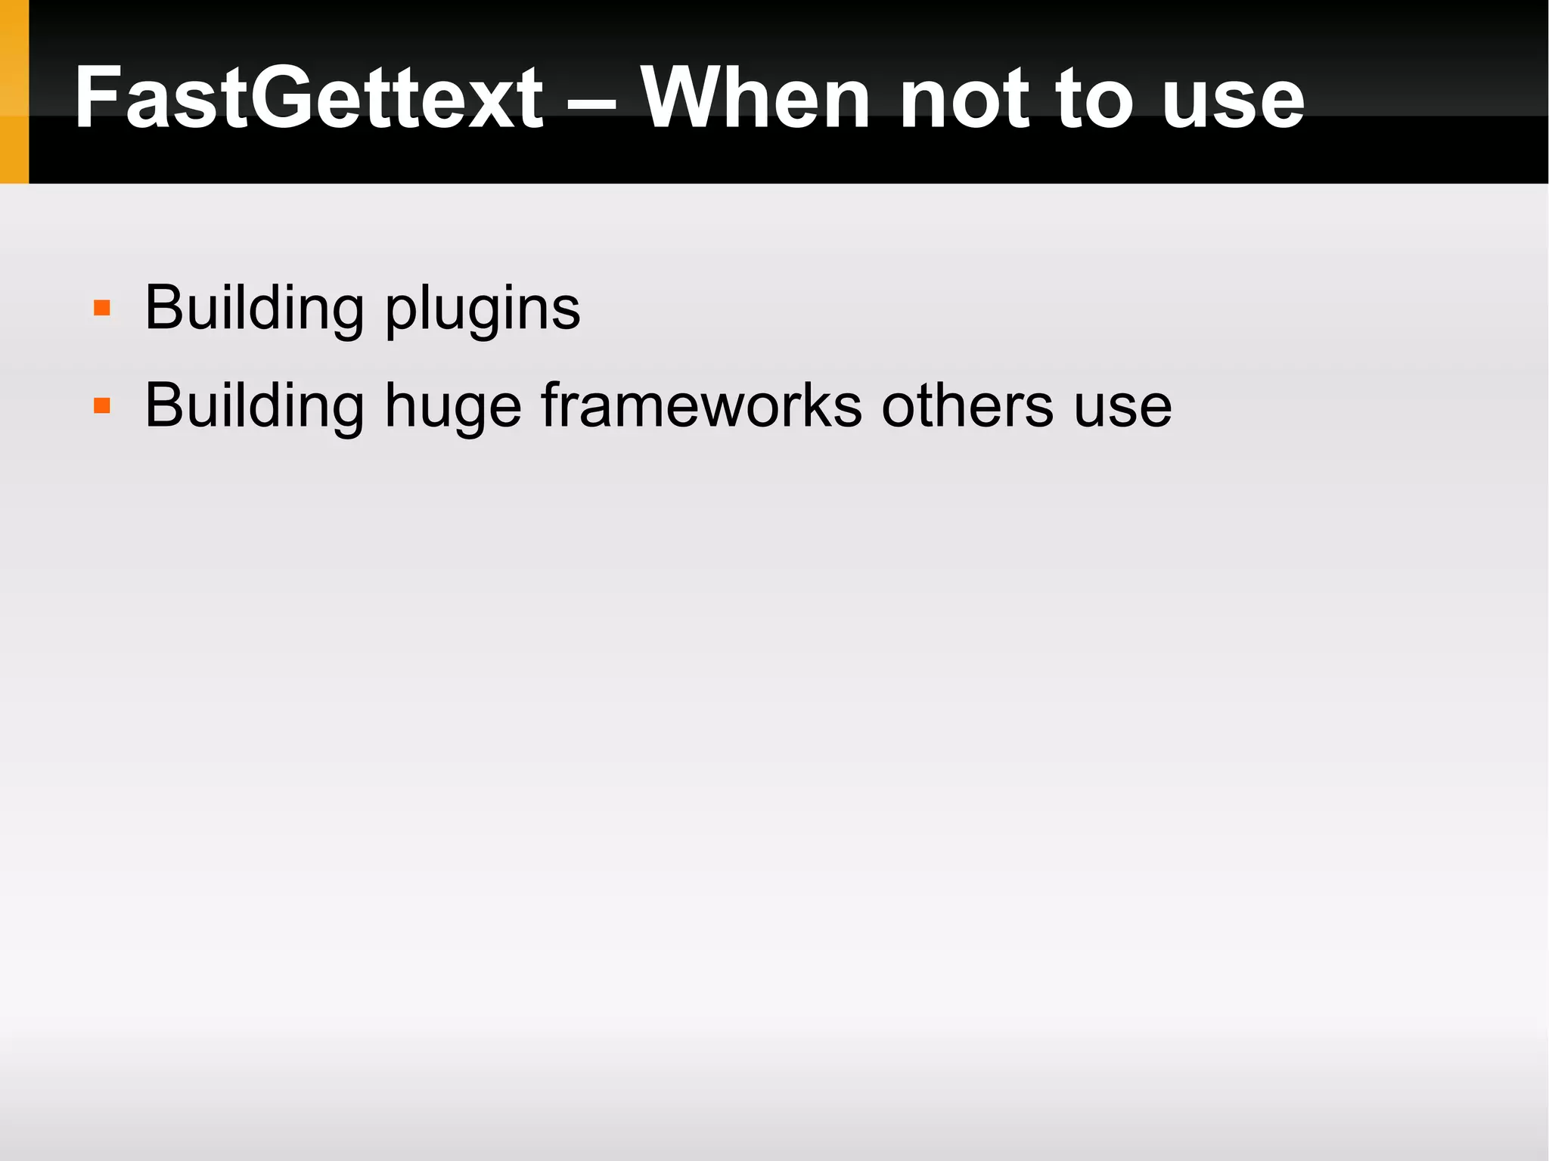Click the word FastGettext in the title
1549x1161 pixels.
pos(309,98)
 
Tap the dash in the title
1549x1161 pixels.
pos(591,103)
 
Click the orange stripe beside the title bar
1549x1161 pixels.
pos(14,92)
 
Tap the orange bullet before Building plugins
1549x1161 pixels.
pos(102,309)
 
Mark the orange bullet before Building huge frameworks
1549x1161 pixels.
pos(102,406)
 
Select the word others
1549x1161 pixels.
pos(967,406)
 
